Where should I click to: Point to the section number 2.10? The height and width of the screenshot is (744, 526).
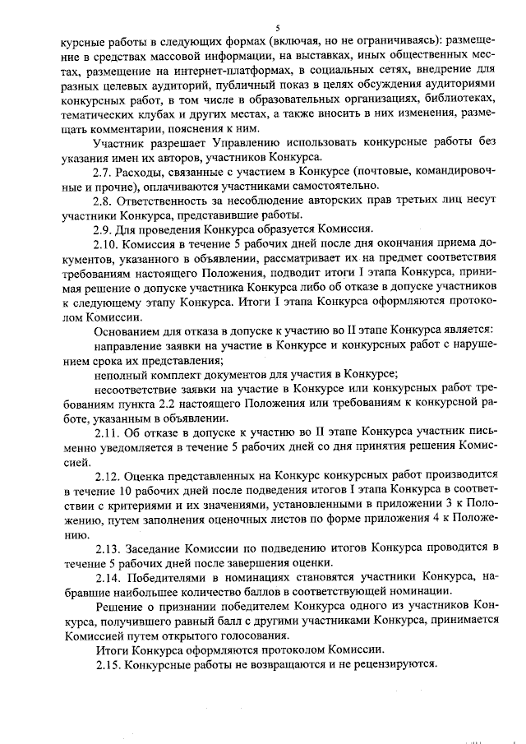tap(108, 244)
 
